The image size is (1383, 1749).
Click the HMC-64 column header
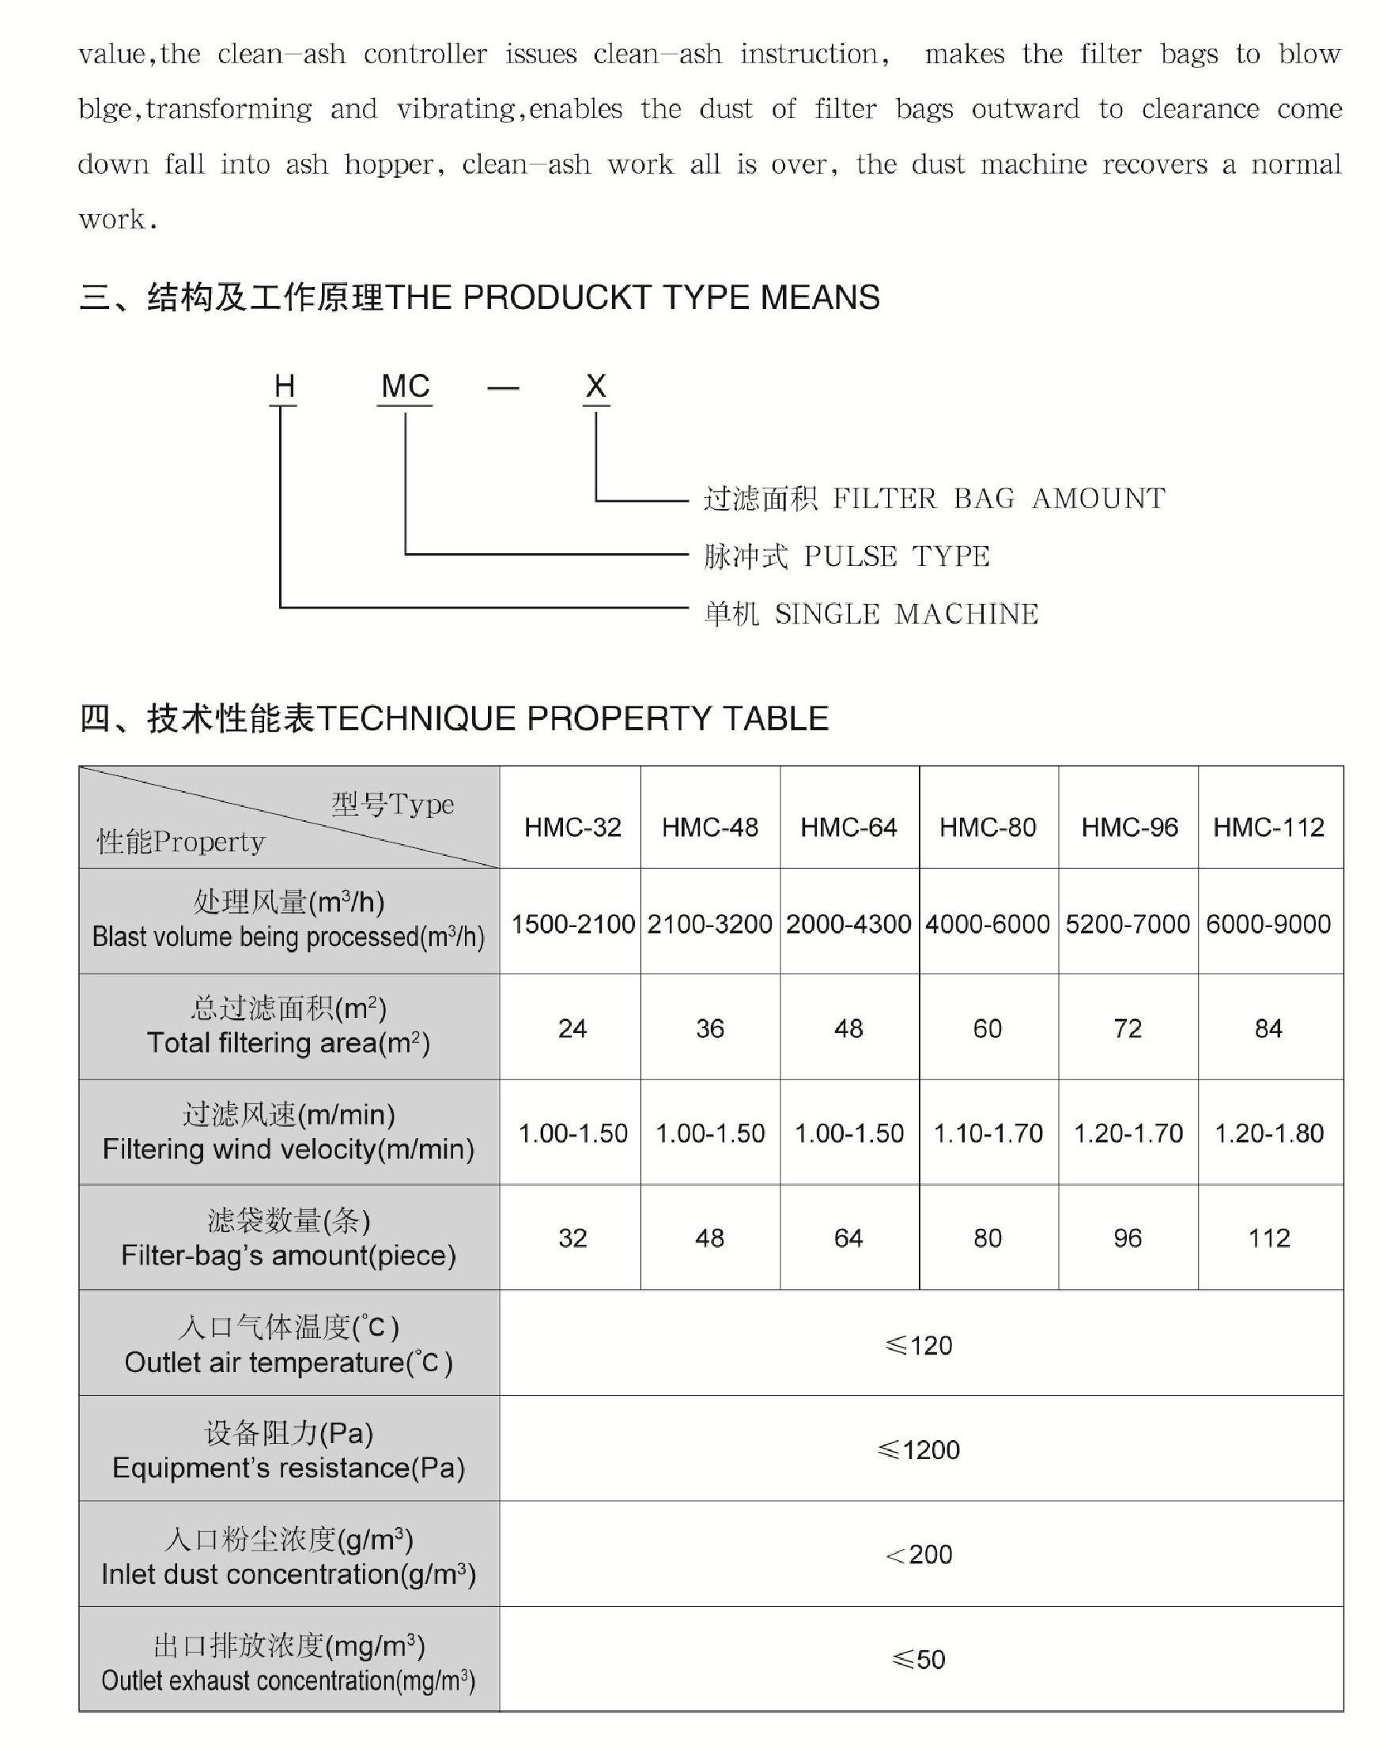pos(848,827)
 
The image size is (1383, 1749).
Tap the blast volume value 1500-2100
pos(572,923)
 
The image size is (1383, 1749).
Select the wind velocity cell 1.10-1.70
pos(988,1133)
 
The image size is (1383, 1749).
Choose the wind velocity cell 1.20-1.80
pos(1269,1133)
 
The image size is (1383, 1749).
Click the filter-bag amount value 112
pos(1269,1238)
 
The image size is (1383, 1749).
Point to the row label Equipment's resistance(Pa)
pos(289,1468)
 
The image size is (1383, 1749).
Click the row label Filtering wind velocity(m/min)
pos(289,1149)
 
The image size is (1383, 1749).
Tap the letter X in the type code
pos(596,386)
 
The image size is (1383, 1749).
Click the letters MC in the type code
pos(405,386)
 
